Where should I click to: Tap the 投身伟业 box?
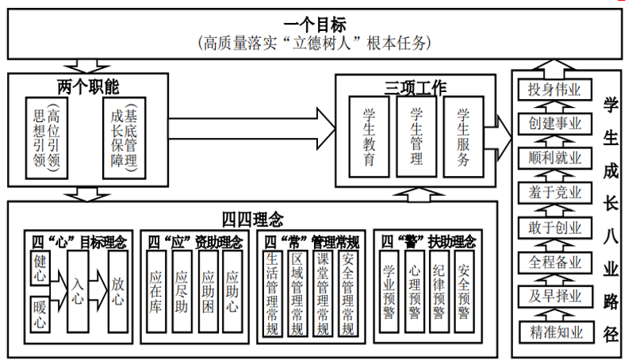coord(555,89)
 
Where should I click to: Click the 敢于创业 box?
coord(555,228)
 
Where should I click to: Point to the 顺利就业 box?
coord(555,158)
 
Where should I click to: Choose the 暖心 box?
coord(40,312)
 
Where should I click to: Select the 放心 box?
coord(117,290)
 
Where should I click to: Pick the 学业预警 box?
coord(389,290)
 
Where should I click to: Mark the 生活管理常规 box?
coord(272,293)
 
